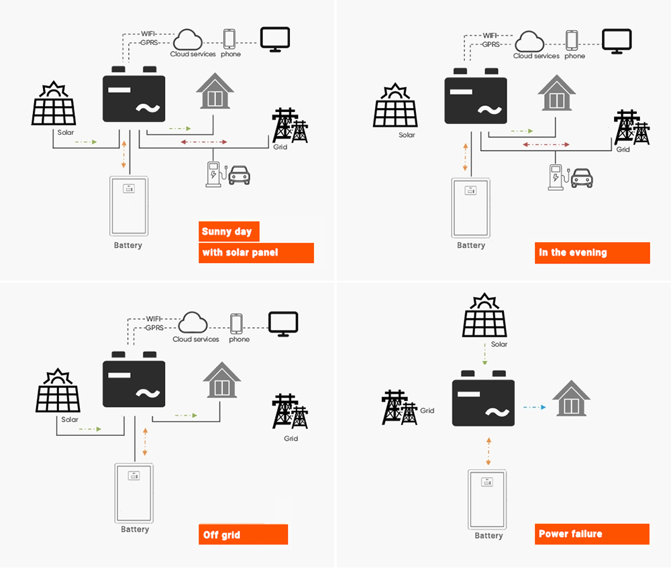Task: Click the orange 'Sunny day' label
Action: pyautogui.click(x=228, y=231)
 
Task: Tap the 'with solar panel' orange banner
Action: pyautogui.click(x=256, y=253)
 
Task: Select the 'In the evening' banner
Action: pyautogui.click(x=592, y=253)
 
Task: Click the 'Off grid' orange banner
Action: pyautogui.click(x=244, y=534)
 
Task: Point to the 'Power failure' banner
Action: pyautogui.click(x=592, y=534)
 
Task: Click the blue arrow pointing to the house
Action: pyautogui.click(x=534, y=407)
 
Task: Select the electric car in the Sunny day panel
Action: pyautogui.click(x=239, y=176)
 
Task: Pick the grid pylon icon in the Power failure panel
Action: pyautogui.click(x=399, y=407)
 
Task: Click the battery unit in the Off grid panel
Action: pyautogui.click(x=135, y=493)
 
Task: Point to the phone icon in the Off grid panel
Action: pyautogui.click(x=236, y=323)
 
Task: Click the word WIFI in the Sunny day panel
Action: pyautogui.click(x=149, y=34)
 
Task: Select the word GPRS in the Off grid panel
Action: pyautogui.click(x=154, y=328)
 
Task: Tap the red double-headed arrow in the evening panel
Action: pyautogui.click(x=546, y=144)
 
